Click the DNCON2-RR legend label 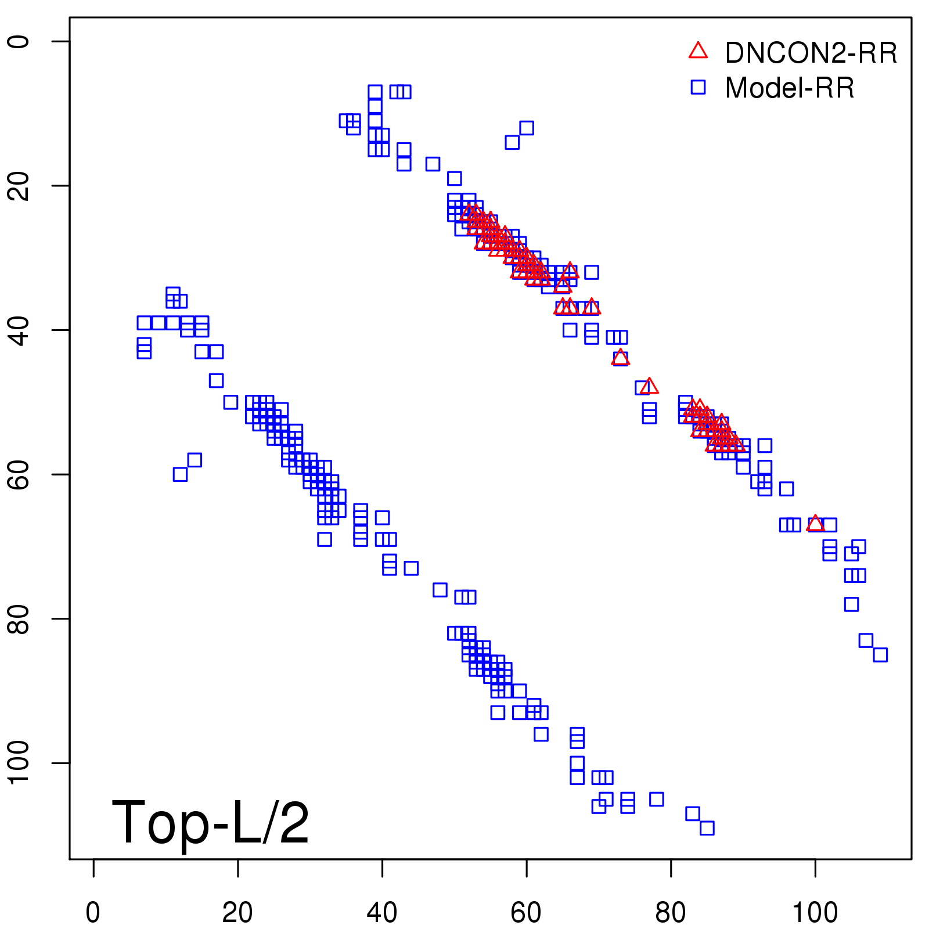pos(811,53)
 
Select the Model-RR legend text pos(790,88)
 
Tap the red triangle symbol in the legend pos(698,51)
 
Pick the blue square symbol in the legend pos(698,87)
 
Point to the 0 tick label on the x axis pos(93,913)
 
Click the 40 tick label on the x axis pos(382,913)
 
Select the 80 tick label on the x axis pos(671,913)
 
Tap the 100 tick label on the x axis pos(815,913)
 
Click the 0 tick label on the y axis pos(19,41)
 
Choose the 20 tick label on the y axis pos(19,186)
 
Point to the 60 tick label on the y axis pos(19,474)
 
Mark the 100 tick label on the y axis pos(19,763)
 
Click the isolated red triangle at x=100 pos(815,523)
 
